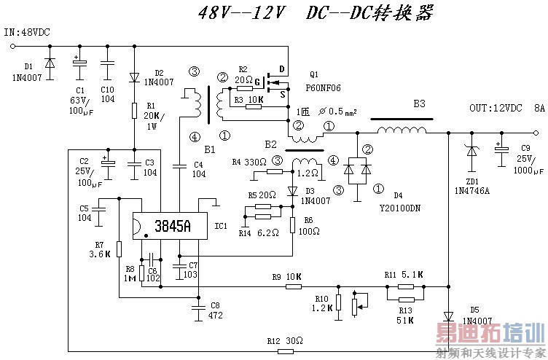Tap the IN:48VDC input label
point(28,33)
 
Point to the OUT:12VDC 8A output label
point(506,108)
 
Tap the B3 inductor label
point(419,104)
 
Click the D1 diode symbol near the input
point(50,64)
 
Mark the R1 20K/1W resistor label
point(154,121)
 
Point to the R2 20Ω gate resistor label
point(243,74)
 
